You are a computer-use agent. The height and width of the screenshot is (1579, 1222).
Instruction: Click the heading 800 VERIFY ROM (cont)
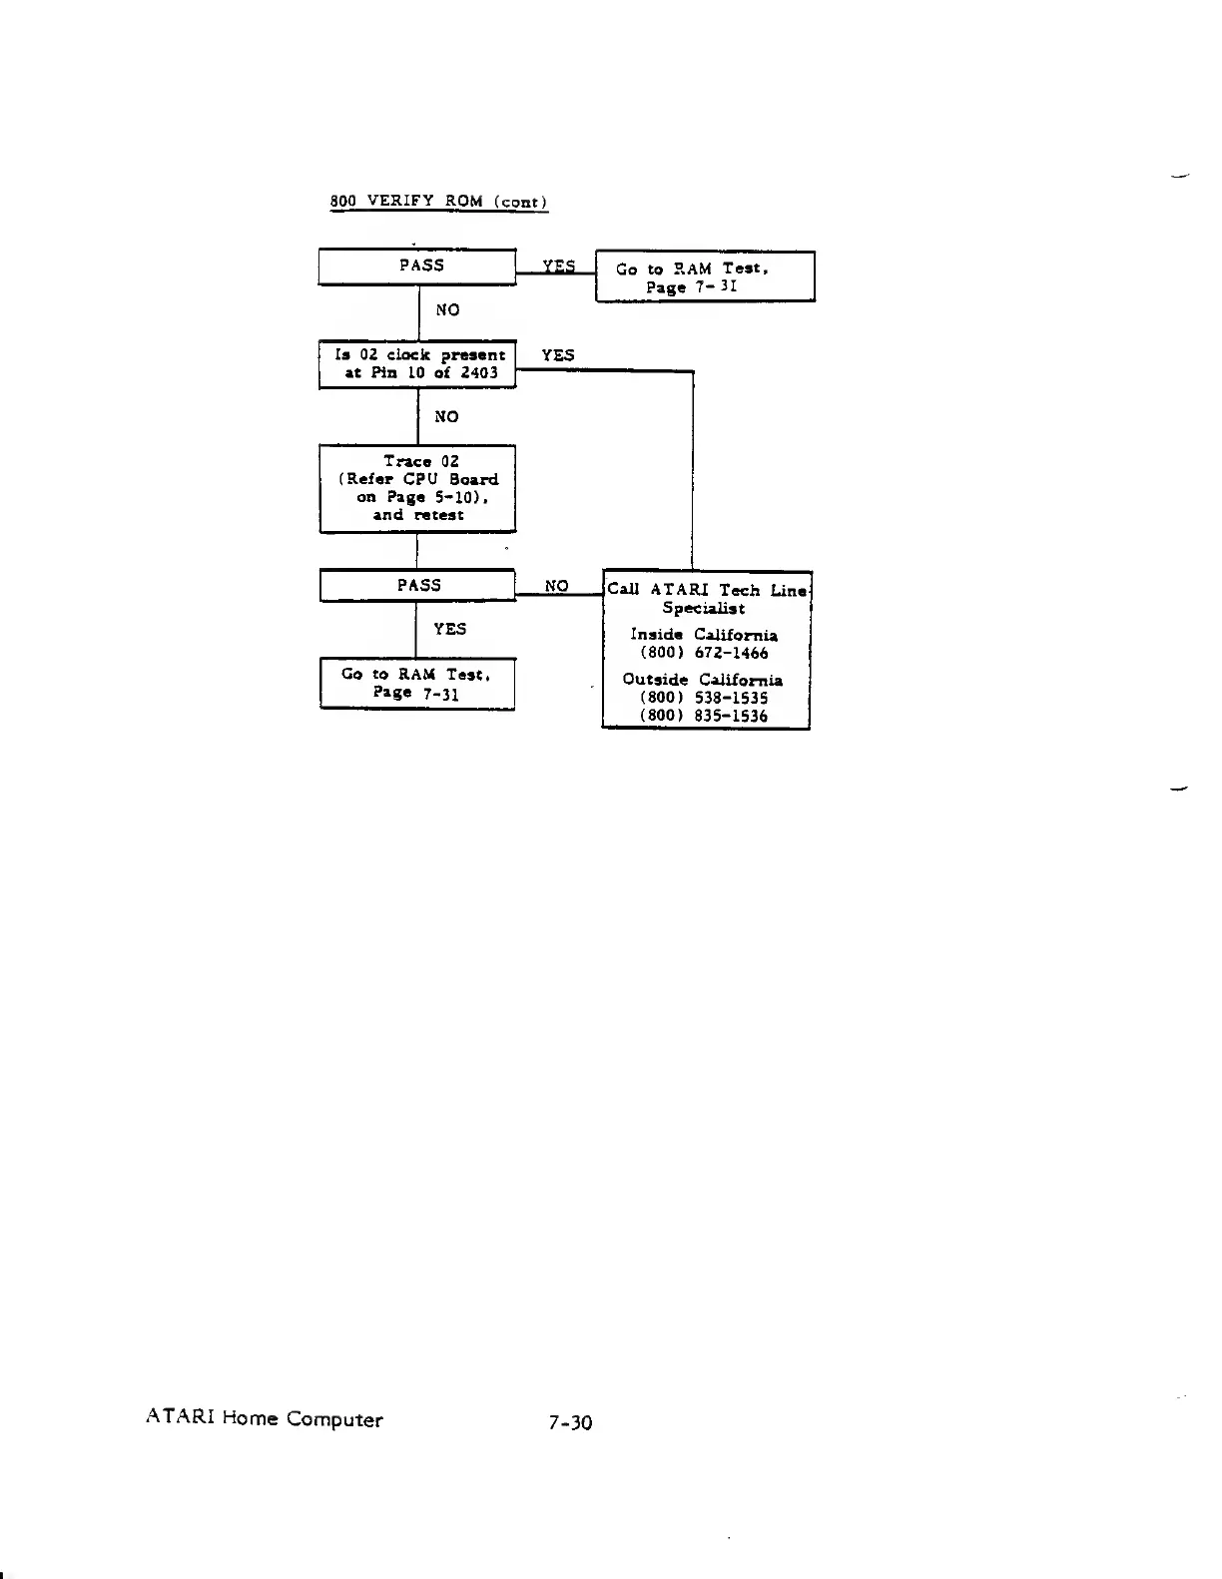pyautogui.click(x=438, y=201)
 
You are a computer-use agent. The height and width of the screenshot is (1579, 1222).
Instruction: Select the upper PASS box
pyautogui.click(x=417, y=266)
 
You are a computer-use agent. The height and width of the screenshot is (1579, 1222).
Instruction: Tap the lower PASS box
pyautogui.click(x=417, y=586)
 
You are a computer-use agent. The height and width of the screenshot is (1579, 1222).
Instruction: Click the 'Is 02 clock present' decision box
pyautogui.click(x=417, y=364)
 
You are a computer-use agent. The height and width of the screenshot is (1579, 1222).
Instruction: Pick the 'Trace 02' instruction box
pyautogui.click(x=417, y=488)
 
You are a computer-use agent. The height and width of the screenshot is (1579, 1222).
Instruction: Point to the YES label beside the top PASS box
pyautogui.click(x=558, y=265)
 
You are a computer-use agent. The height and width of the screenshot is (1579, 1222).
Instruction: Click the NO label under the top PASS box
pyautogui.click(x=447, y=310)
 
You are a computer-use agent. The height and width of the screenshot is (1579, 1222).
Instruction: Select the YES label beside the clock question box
pyautogui.click(x=557, y=355)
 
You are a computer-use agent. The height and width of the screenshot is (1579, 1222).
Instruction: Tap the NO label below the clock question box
pyautogui.click(x=446, y=416)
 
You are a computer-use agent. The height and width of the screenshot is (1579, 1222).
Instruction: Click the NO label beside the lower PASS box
pyautogui.click(x=556, y=586)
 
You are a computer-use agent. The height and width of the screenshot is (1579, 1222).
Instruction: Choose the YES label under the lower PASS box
pyautogui.click(x=449, y=629)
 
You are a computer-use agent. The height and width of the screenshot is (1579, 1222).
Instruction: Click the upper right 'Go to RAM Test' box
pyautogui.click(x=705, y=276)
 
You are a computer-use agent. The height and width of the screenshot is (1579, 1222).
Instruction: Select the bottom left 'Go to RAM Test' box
pyautogui.click(x=417, y=684)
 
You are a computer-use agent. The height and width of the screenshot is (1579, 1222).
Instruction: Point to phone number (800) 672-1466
pyautogui.click(x=704, y=653)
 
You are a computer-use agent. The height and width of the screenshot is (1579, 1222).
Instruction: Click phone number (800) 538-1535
pyautogui.click(x=704, y=698)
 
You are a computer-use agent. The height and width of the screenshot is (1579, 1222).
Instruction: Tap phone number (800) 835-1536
pyautogui.click(x=704, y=716)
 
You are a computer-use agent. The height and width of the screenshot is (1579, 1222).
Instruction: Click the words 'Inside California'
pyautogui.click(x=704, y=635)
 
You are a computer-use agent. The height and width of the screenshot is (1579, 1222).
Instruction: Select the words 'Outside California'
pyautogui.click(x=703, y=680)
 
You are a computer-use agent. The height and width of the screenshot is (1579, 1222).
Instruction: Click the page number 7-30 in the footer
pyautogui.click(x=570, y=1422)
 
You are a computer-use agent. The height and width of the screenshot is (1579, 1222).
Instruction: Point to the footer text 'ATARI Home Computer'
pyautogui.click(x=264, y=1418)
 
